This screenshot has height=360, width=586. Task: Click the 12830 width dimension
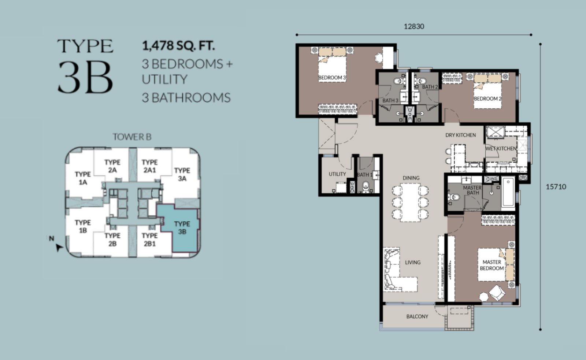click(414, 26)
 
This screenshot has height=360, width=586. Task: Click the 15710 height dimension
click(556, 187)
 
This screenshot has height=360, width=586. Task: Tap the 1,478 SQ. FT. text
click(178, 46)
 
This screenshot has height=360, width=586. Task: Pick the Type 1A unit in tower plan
click(83, 178)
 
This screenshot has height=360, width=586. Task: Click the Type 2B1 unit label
click(150, 240)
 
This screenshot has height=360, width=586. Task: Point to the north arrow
click(59, 247)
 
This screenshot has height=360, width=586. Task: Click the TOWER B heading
click(132, 137)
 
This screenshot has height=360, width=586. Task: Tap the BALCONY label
click(417, 316)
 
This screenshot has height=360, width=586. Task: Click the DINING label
click(411, 178)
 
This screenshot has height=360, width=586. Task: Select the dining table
click(410, 203)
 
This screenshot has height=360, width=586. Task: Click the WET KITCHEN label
click(501, 149)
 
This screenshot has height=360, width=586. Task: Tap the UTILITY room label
click(337, 174)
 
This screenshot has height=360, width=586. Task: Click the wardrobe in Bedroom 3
click(337, 109)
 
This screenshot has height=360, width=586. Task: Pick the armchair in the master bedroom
click(497, 293)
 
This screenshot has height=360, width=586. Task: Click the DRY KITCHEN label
click(460, 135)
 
